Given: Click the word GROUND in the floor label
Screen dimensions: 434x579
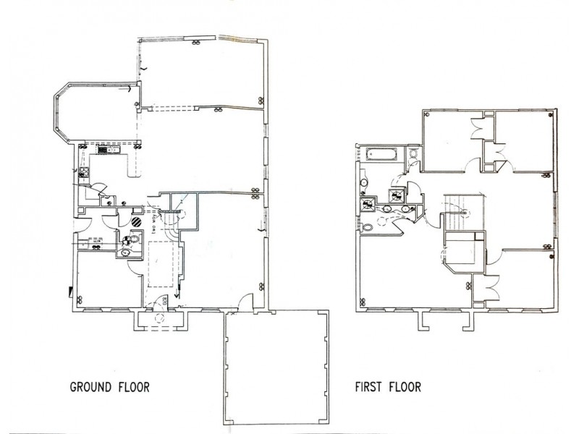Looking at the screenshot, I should pyautogui.click(x=90, y=387).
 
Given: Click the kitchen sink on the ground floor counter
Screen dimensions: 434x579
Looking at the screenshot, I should pyautogui.click(x=114, y=151).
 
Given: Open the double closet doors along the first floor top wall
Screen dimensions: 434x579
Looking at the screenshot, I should pyautogui.click(x=478, y=129).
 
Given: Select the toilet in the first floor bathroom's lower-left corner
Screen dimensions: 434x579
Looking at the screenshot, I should pyautogui.click(x=367, y=226).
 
